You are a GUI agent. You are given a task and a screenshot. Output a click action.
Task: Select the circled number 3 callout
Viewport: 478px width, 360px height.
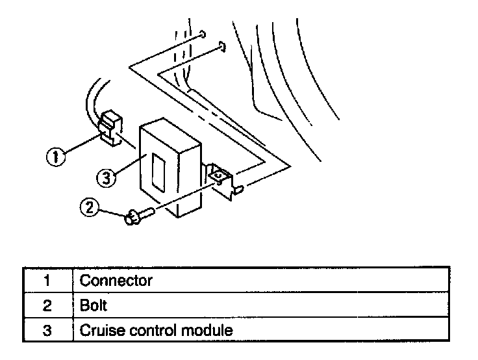(107, 176)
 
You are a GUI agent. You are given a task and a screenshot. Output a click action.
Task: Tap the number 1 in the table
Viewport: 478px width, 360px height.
(47, 281)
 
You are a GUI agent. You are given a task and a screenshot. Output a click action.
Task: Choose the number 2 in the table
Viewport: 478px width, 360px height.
(47, 305)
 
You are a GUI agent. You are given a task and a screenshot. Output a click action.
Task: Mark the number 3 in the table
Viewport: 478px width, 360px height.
(47, 329)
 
